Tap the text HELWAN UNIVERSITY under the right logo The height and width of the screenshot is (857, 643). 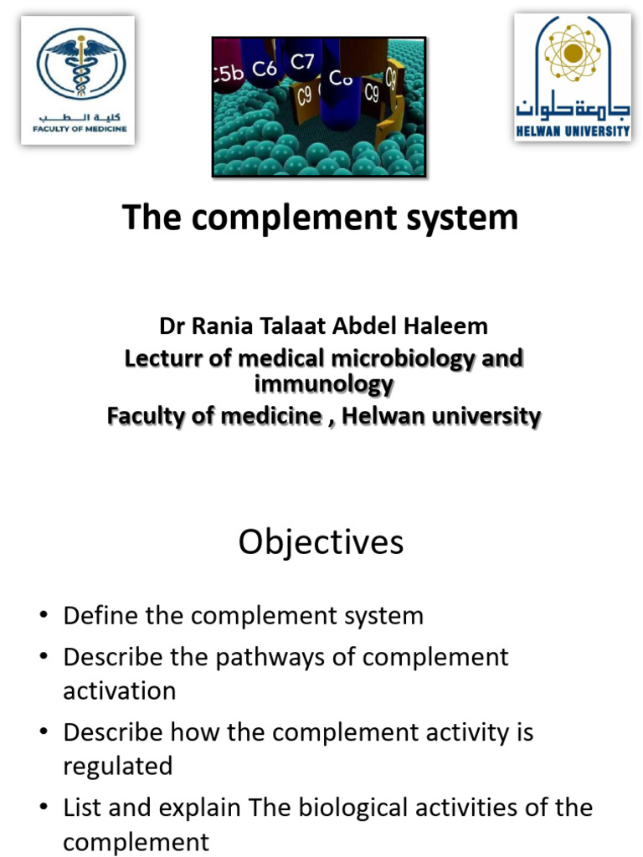tap(573, 131)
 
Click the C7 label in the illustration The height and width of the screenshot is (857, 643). tap(302, 61)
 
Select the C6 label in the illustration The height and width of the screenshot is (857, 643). tap(264, 69)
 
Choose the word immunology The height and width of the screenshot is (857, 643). tap(322, 385)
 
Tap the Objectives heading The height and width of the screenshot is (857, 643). tap(321, 542)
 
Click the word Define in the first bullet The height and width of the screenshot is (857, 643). tap(100, 616)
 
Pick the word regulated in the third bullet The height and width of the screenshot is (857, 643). tap(118, 766)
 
